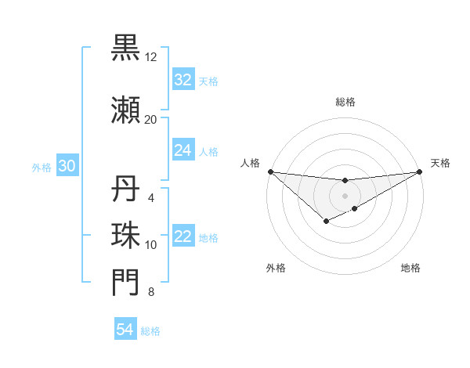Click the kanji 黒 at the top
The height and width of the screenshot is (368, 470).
click(125, 48)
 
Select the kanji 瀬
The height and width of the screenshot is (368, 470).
click(125, 110)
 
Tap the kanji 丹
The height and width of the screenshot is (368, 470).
click(125, 189)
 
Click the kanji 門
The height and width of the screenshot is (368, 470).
click(125, 283)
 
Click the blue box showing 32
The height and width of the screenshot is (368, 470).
click(183, 80)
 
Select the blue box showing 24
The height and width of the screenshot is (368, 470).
click(183, 150)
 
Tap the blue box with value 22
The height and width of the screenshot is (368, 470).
click(183, 237)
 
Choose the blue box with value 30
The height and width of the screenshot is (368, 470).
click(67, 166)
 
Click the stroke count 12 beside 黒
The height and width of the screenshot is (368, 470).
click(150, 57)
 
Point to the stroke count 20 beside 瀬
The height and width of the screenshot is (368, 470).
click(150, 120)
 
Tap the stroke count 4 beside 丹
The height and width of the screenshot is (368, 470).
click(150, 198)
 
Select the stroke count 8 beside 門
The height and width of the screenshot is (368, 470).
click(150, 293)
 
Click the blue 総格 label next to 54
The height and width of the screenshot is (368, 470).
click(150, 331)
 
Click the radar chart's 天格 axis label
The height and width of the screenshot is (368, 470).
click(441, 163)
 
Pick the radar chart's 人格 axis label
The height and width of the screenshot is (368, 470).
click(250, 163)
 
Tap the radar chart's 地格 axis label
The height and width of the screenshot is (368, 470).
click(410, 268)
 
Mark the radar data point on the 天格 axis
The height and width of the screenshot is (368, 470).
click(420, 171)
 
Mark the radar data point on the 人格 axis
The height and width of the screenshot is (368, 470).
click(270, 171)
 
